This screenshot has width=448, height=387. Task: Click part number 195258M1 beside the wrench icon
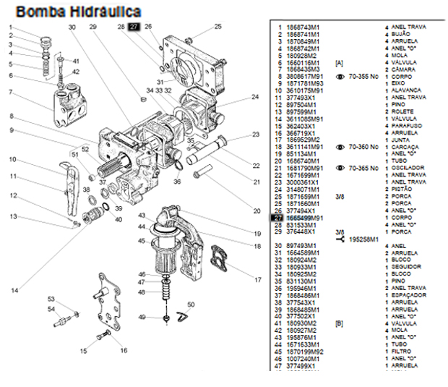coord(366,238)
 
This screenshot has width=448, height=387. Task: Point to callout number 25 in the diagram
coord(217,27)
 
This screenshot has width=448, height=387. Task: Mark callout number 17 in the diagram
coord(258,279)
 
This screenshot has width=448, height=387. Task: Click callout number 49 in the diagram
coord(143,318)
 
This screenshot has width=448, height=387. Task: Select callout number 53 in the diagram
coord(51,299)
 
